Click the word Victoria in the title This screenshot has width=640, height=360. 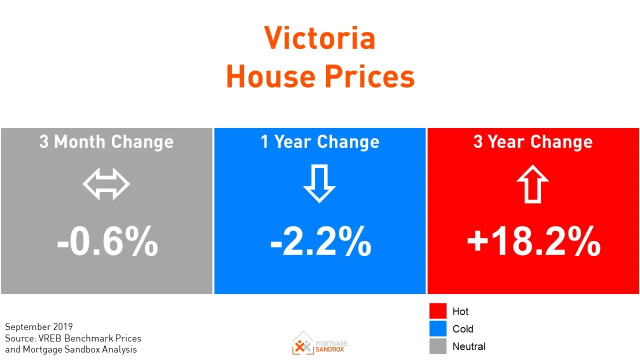(319, 38)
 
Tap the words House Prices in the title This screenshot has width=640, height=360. (320, 76)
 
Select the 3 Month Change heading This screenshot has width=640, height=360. (106, 142)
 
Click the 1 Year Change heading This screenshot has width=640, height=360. (320, 142)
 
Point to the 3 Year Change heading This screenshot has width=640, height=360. (533, 142)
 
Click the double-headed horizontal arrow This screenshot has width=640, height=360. (106, 184)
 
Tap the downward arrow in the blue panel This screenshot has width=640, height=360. (319, 183)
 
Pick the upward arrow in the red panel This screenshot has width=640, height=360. (533, 183)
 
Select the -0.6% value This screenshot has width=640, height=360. (107, 242)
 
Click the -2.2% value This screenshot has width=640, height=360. (320, 242)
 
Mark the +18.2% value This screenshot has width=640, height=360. (533, 242)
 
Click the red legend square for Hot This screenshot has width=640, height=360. (437, 311)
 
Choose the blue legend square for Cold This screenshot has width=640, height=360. (437, 328)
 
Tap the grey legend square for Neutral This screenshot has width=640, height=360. (437, 346)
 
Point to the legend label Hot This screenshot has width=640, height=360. (460, 311)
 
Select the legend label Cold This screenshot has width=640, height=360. (462, 329)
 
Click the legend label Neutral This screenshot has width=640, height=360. (469, 346)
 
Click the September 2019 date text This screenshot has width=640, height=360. (39, 327)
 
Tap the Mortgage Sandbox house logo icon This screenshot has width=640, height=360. (303, 342)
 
